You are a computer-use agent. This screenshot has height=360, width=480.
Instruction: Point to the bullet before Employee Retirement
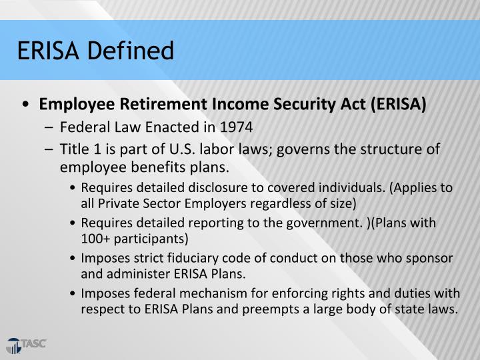point(25,105)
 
